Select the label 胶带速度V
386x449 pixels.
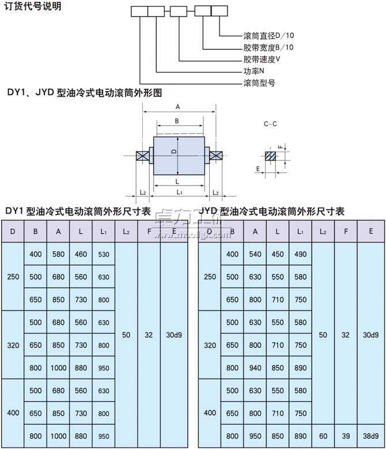262,59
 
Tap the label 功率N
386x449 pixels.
253,71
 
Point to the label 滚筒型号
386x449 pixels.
259,82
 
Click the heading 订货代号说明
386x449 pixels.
32,7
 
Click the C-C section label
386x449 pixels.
270,123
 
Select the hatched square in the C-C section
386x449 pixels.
270,156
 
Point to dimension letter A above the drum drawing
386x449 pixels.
178,107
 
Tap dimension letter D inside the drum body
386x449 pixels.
173,151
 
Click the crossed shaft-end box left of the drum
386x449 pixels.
141,156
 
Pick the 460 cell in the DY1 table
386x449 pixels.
81,254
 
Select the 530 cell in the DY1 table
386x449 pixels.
104,254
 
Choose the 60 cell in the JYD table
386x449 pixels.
323,436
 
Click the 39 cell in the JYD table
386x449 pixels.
346,436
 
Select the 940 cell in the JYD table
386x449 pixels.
255,368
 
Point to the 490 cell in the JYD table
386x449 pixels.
300,254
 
